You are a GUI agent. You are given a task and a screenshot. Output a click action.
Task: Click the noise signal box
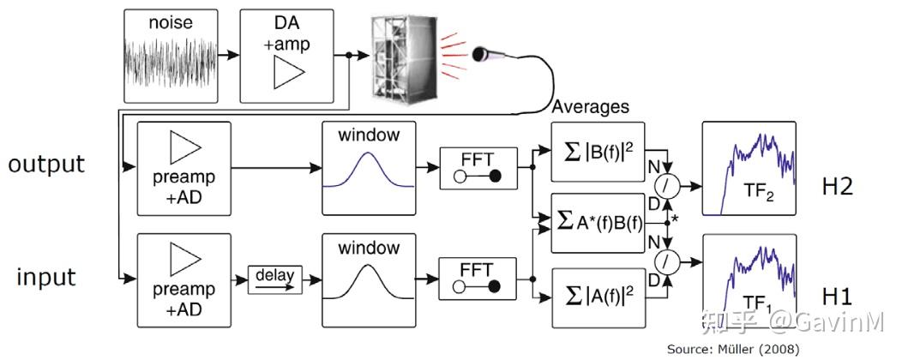[171, 54]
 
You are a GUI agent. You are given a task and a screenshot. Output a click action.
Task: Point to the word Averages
[591, 107]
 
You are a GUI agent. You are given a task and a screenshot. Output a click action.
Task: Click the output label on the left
[46, 164]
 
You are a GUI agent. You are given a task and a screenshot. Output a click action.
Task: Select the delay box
[275, 279]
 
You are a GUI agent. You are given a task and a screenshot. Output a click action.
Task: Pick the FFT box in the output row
[477, 168]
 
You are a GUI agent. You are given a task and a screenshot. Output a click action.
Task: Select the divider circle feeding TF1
[666, 259]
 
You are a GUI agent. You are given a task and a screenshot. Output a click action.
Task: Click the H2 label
[837, 186]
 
